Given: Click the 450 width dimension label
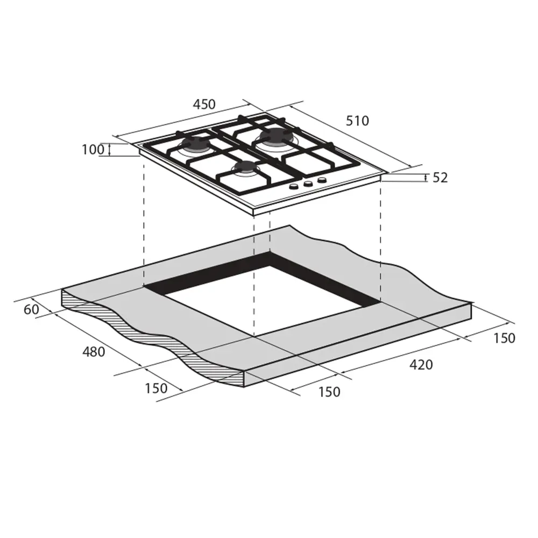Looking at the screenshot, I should click(204, 104).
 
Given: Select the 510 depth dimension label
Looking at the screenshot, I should click(357, 121).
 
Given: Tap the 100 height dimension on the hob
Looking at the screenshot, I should click(93, 150).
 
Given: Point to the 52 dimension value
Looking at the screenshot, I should click(440, 178).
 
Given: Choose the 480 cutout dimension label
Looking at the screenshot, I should click(94, 352).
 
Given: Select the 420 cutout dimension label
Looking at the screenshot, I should click(421, 365).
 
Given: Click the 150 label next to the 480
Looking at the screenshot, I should click(156, 388).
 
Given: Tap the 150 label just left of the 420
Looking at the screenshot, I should click(329, 392).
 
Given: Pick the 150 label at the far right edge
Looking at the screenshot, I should click(504, 338).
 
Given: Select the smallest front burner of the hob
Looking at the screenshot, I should click(245, 168).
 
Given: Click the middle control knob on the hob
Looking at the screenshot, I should click(308, 183).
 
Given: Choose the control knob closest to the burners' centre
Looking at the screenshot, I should click(294, 187).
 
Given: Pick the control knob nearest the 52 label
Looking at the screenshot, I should click(322, 180).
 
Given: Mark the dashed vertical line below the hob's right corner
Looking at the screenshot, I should click(380, 242).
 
